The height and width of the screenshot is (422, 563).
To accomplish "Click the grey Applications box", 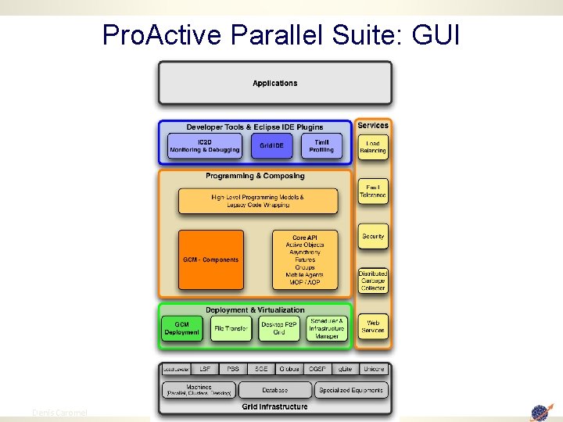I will [274, 83].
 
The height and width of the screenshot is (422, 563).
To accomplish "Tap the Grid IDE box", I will [271, 145].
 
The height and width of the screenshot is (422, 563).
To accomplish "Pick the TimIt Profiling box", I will [321, 145].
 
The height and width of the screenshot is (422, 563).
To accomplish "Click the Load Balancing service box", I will [373, 147].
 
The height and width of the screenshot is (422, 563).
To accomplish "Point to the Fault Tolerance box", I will [373, 192].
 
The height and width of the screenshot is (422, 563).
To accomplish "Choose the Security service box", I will [373, 236].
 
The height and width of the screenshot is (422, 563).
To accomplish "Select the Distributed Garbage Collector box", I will [373, 281].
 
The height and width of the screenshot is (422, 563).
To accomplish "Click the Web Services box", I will [373, 326].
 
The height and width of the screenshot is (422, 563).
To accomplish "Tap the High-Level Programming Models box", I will [258, 201].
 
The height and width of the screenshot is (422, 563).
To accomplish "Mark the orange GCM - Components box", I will [210, 259].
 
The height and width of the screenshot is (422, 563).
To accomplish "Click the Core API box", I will [304, 259].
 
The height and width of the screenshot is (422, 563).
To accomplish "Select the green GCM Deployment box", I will [181, 328].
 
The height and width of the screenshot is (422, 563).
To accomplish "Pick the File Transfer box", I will [231, 328].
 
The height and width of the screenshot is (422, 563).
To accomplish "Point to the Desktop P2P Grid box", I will [278, 328].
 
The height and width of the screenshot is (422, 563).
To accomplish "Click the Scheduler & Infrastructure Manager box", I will [326, 328].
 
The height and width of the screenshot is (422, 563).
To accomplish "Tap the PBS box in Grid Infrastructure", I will [233, 368].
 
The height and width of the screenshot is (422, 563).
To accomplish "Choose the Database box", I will [274, 389].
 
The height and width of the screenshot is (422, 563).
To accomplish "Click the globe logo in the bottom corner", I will [541, 411].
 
